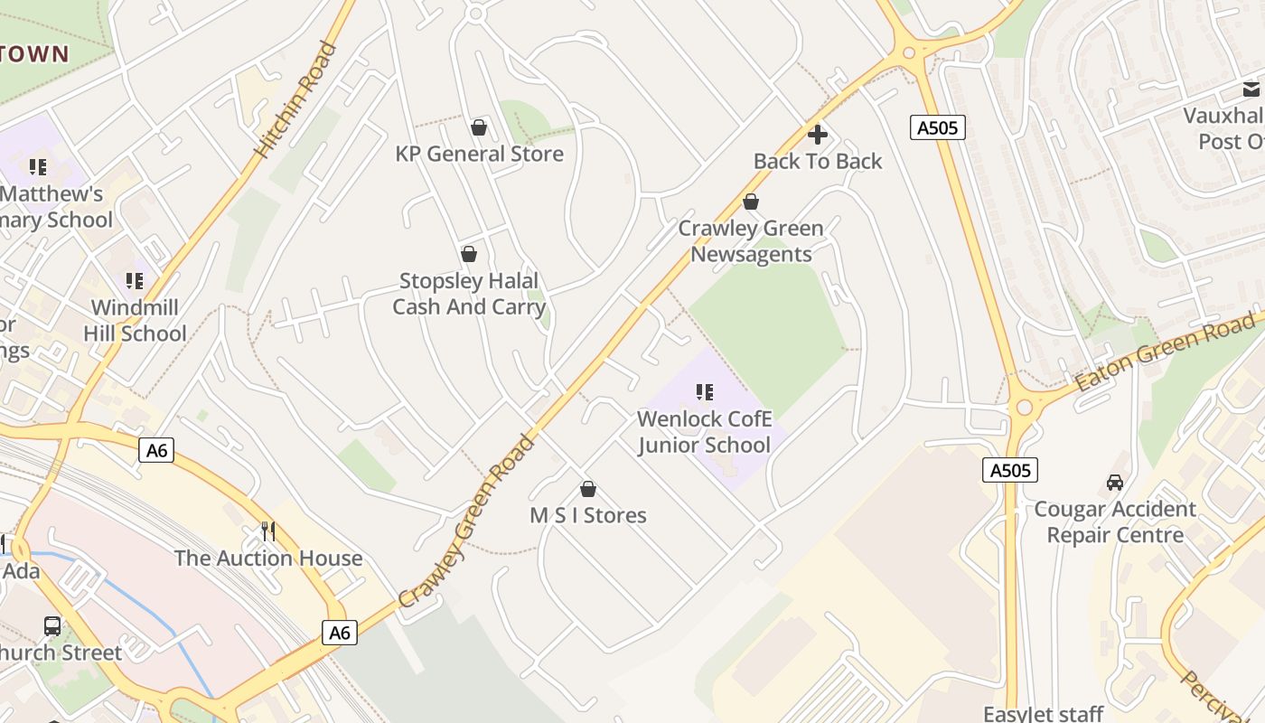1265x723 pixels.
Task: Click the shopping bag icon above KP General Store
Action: click(x=479, y=127)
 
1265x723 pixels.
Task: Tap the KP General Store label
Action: click(x=479, y=154)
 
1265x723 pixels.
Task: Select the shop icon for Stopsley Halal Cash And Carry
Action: click(x=468, y=254)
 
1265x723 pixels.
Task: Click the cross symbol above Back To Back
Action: click(x=818, y=135)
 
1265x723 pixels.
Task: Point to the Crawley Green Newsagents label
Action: click(x=751, y=241)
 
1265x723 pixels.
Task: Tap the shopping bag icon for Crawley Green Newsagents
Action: click(x=750, y=202)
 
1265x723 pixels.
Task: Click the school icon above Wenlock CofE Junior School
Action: click(x=705, y=392)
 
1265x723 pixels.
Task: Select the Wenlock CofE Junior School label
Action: click(x=705, y=432)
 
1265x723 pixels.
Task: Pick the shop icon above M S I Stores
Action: click(x=588, y=489)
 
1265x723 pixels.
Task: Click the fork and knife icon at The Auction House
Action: click(x=268, y=531)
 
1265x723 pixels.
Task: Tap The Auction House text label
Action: click(x=268, y=559)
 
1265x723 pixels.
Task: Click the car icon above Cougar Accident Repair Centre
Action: click(x=1115, y=483)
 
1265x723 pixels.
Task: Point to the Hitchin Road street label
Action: click(x=295, y=99)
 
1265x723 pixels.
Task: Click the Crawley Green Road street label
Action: click(x=468, y=521)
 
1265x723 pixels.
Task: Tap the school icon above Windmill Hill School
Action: click(x=135, y=281)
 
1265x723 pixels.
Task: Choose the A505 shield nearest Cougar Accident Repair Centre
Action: click(x=1010, y=470)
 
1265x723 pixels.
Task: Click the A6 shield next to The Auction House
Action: click(x=339, y=633)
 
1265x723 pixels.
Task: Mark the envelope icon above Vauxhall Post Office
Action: click(x=1251, y=89)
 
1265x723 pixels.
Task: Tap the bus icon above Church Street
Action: click(x=52, y=625)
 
